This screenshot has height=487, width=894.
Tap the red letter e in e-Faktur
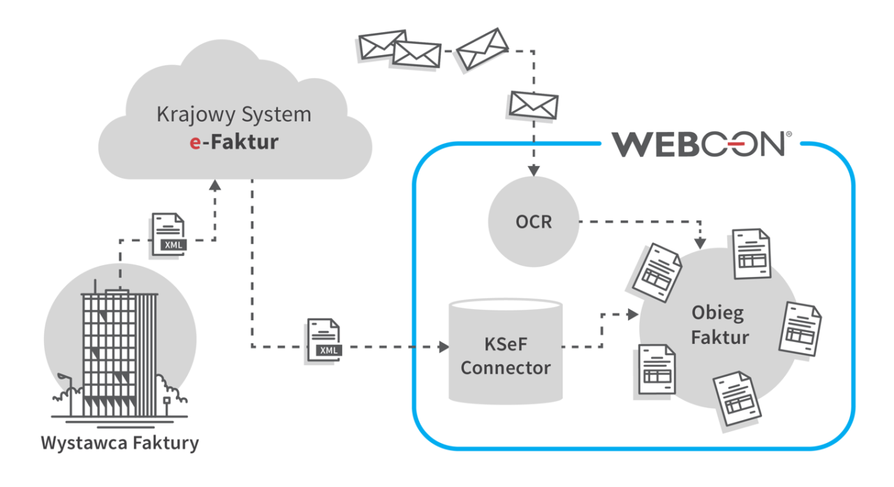pyautogui.click(x=196, y=142)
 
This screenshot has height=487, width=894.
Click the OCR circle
pyautogui.click(x=534, y=223)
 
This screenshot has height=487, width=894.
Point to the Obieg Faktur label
pyautogui.click(x=720, y=324)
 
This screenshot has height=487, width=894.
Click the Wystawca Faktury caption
pyautogui.click(x=119, y=442)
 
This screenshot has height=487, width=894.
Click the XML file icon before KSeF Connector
pyautogui.click(x=325, y=339)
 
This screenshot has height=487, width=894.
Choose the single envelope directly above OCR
pyautogui.click(x=534, y=105)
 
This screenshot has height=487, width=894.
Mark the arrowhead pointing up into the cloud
pyautogui.click(x=215, y=184)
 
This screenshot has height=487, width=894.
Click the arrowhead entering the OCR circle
pyautogui.click(x=534, y=171)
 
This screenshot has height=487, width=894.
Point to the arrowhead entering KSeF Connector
pyautogui.click(x=441, y=346)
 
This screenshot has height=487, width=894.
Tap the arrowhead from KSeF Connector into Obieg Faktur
pyautogui.click(x=633, y=315)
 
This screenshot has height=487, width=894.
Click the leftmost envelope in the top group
pyautogui.click(x=383, y=45)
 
